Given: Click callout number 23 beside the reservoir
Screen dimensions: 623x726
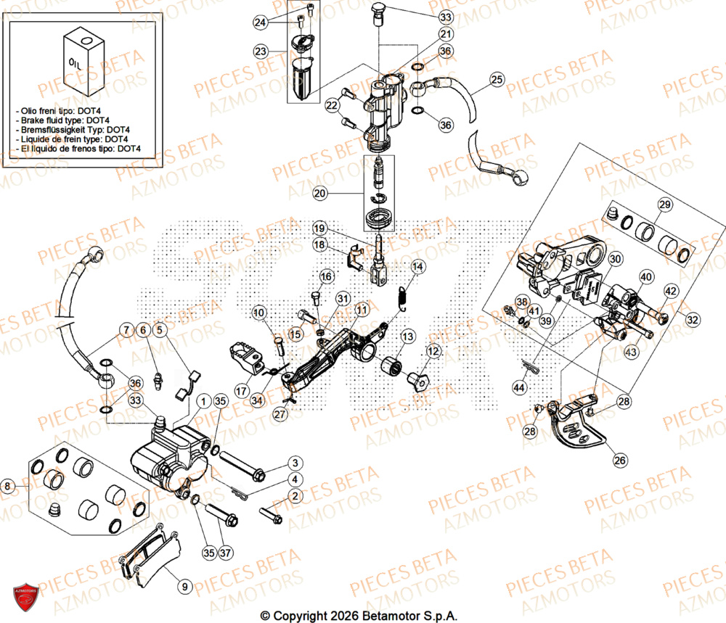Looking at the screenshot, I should (261, 51).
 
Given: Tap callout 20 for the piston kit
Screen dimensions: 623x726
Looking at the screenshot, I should (321, 194).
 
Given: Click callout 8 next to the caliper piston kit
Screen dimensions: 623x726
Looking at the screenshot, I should (8, 487).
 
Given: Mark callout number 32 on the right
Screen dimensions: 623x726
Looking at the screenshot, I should (693, 318).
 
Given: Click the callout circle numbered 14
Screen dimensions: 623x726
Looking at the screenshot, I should (417, 268).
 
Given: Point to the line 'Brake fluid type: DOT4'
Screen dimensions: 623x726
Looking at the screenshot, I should (62, 120).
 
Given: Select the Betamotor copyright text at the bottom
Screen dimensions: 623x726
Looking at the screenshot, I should (359, 615).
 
